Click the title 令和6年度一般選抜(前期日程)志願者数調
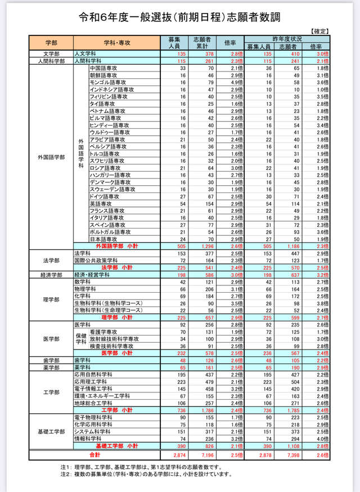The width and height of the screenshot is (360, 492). pos(180,18)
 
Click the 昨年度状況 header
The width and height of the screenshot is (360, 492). pos(287,38)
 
